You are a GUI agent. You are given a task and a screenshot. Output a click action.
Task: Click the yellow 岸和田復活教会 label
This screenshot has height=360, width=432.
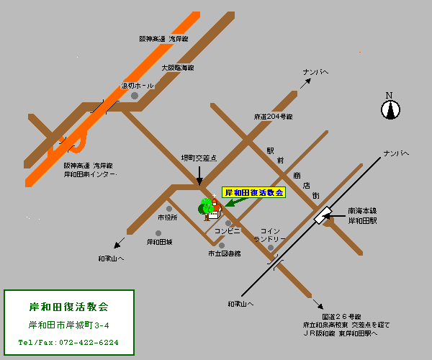coord(254,193)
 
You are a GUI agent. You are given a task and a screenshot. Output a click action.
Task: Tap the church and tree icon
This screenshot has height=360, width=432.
coord(208,208)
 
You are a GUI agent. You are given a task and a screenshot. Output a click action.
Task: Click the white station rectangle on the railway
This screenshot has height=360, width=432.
coord(321,215)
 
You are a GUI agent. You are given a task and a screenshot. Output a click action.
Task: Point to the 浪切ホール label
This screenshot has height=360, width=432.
coord(137,86)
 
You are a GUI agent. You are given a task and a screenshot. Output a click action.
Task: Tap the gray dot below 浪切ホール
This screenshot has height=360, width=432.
coord(134,96)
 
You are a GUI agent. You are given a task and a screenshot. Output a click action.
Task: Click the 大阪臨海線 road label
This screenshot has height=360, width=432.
coord(178,68)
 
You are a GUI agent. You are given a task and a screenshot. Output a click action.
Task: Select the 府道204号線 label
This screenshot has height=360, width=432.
coord(273,117)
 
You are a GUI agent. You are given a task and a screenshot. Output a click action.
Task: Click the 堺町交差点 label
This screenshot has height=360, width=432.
coord(198,157)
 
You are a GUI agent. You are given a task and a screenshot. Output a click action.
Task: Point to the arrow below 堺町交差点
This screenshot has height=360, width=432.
coord(199,174)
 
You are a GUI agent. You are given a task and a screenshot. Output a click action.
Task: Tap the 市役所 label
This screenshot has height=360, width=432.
coord(167,217)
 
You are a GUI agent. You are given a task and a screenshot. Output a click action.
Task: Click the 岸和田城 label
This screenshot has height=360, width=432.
coord(159,243)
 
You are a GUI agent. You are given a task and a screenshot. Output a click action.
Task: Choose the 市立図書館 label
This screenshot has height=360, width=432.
coord(225,253)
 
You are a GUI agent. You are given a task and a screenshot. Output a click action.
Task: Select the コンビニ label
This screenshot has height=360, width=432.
coord(227,231)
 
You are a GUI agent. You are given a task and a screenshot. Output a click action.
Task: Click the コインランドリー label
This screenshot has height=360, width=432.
coord(270,235)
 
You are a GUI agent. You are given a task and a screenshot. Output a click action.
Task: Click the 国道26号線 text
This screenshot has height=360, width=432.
coord(341,316)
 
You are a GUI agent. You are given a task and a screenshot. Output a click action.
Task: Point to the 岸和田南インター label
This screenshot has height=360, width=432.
coord(90,174)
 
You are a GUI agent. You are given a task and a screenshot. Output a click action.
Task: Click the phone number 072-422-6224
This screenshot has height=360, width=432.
coord(68,343)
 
